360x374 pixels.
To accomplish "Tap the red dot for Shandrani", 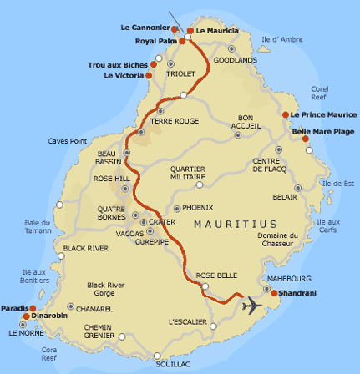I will tap(274, 292).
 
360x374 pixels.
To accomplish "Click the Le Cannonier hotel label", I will tap(144, 28).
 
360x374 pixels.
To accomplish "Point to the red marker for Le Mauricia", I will tap(190, 30).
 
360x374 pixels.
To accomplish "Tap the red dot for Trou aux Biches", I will tap(155, 64).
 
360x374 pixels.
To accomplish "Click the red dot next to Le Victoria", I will tap(149, 75).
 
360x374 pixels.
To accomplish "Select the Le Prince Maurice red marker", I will tap(286, 114).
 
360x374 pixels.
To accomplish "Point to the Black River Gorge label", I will tap(106, 289).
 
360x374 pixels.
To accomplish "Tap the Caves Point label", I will tap(67, 140).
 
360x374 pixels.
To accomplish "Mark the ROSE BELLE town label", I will tap(215, 275).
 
